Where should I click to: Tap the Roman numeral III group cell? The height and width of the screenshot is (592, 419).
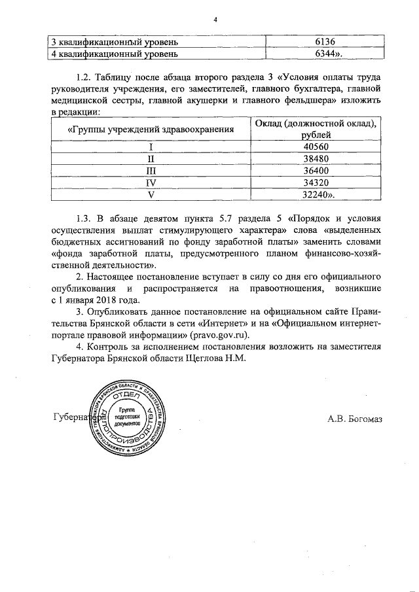[x=151, y=171]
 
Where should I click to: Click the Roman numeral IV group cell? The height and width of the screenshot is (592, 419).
[x=151, y=183]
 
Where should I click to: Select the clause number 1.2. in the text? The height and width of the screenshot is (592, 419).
[x=86, y=77]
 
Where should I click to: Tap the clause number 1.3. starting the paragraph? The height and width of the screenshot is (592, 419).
[x=86, y=218]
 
